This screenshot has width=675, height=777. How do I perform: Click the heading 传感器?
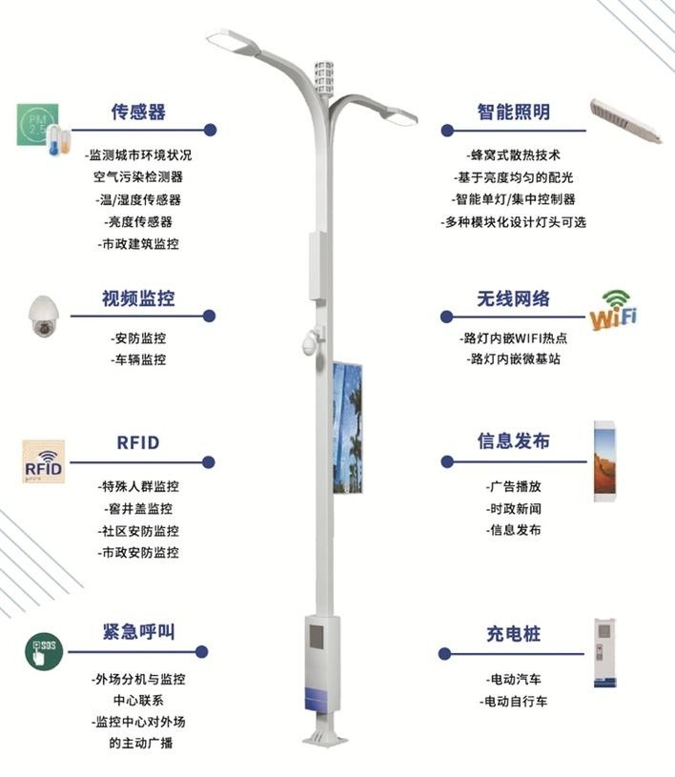click(x=138, y=112)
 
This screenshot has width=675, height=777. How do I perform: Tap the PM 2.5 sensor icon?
click(x=38, y=125)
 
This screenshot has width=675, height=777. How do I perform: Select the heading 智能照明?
click(x=514, y=112)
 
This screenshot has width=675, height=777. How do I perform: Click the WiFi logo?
click(x=614, y=311)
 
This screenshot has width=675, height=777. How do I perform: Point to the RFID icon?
click(x=44, y=461)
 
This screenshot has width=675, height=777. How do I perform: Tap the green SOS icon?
click(x=44, y=651)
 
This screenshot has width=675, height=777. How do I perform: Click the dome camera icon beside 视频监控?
click(x=44, y=317)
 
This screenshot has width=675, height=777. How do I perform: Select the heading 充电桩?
click(x=513, y=634)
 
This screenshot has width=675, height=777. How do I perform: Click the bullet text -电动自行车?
click(x=514, y=701)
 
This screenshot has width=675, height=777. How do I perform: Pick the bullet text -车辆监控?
click(x=138, y=359)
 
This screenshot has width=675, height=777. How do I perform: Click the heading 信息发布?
click(x=514, y=440)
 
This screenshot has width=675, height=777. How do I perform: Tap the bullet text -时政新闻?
click(x=514, y=508)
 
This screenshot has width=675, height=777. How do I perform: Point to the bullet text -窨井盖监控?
click(x=138, y=508)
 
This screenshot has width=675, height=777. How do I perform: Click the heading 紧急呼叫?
click(x=138, y=632)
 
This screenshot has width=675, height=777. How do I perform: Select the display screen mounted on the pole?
click(x=347, y=428)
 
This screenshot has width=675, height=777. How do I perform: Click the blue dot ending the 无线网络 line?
click(x=446, y=317)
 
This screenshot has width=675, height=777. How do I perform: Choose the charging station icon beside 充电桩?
click(x=604, y=653)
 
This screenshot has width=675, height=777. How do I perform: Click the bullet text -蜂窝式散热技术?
click(x=514, y=155)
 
